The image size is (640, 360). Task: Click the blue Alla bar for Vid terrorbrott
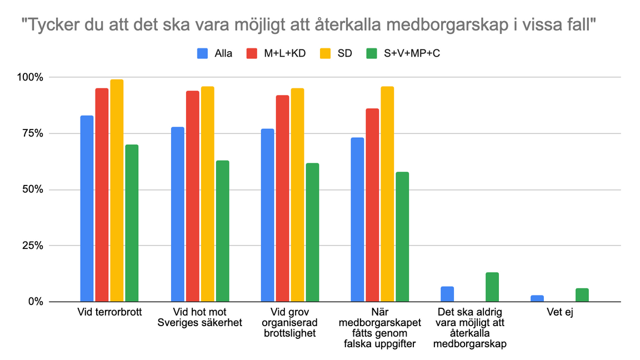click(87, 208)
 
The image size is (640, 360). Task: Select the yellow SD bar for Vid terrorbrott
click(117, 191)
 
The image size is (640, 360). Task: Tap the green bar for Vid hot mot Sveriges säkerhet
click(222, 231)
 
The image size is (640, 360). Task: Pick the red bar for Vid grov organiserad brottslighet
click(282, 198)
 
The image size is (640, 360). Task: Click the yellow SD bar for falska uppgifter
click(387, 194)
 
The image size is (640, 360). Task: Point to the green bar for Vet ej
click(582, 295)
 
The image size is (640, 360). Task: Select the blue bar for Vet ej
click(537, 298)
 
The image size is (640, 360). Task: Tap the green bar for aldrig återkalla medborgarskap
click(492, 287)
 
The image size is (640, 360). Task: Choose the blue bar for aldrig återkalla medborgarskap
click(447, 294)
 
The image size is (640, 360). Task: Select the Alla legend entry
click(215, 53)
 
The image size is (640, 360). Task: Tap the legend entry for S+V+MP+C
click(403, 53)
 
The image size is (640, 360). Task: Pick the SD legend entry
click(337, 53)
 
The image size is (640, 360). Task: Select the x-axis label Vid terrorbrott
click(109, 312)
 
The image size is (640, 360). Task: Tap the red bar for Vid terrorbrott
click(102, 195)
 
